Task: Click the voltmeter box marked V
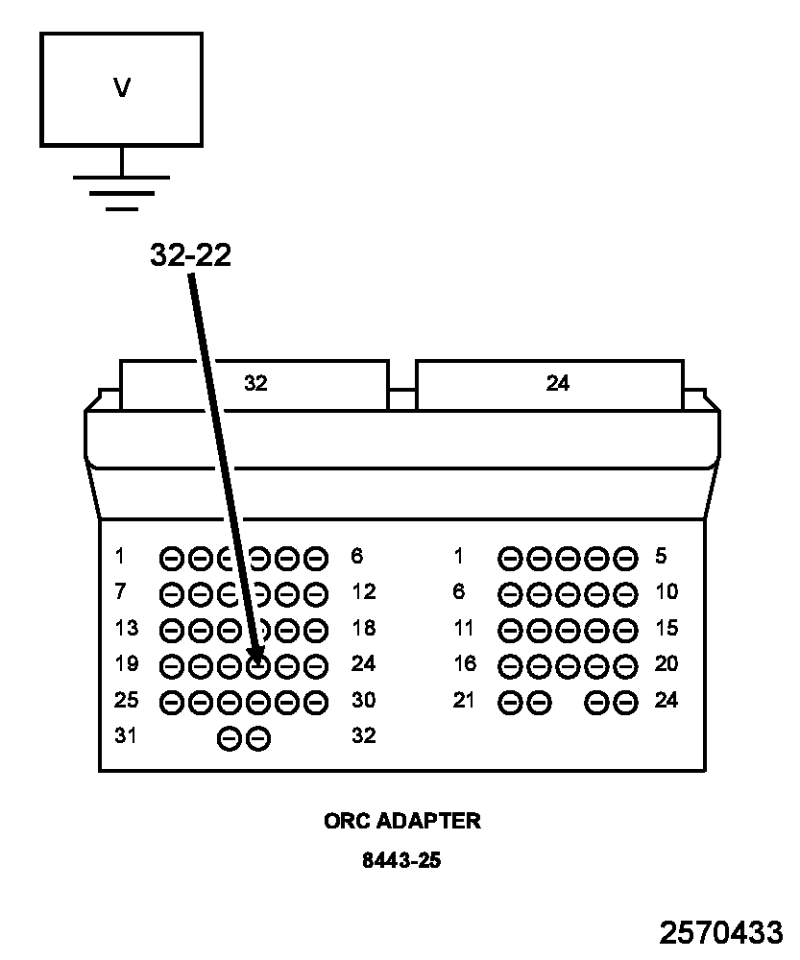click(121, 89)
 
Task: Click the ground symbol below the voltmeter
click(121, 191)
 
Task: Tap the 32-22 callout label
click(190, 254)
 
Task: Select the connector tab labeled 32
click(255, 384)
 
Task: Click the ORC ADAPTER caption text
click(401, 822)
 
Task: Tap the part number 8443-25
click(401, 860)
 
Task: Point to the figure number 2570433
click(720, 933)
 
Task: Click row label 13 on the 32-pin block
click(127, 629)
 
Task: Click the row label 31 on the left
click(127, 736)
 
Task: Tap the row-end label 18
click(364, 629)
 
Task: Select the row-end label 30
click(364, 701)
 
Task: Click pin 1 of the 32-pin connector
click(171, 558)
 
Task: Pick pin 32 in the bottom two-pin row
click(258, 738)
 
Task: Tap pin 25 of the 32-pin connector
click(171, 703)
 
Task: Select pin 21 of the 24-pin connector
click(511, 703)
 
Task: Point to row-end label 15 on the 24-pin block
click(667, 629)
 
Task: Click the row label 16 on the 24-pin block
click(465, 664)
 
